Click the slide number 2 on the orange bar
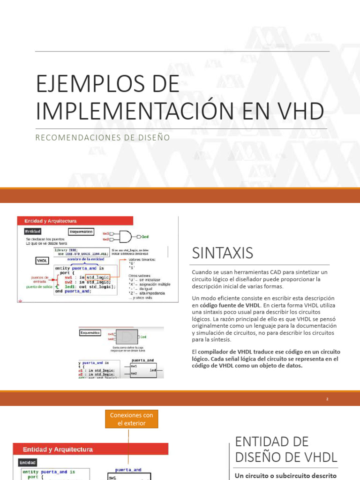tap(328, 399)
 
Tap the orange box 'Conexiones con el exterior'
tap(131, 419)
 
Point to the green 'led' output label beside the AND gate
tap(145, 237)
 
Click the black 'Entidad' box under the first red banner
tap(33, 231)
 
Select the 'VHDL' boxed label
tap(43, 260)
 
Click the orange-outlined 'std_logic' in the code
tap(97, 277)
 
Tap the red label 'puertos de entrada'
tap(40, 279)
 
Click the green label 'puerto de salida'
tap(39, 286)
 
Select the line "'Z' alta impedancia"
tap(147, 293)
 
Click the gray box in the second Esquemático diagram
tap(127, 337)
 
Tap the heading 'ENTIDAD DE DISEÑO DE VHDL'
tap(285, 449)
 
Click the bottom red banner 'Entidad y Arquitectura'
tap(58, 449)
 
